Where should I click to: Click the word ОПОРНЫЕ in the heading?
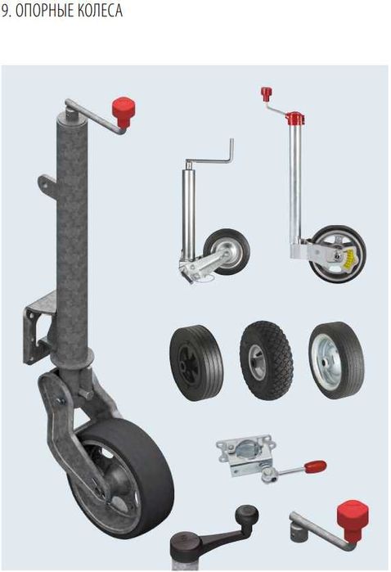[x=41, y=11]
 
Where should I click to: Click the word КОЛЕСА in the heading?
[x=96, y=11]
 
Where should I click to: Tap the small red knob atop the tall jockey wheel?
[x=267, y=93]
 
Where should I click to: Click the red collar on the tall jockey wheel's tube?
[x=294, y=118]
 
